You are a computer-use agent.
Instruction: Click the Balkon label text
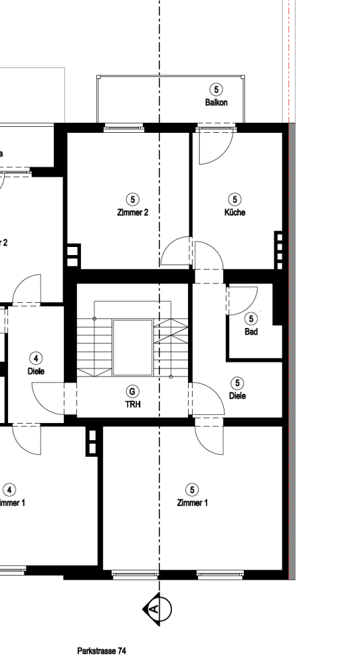tap(217, 102)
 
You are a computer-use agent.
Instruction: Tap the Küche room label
tap(234, 213)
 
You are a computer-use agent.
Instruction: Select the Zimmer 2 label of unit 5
tap(133, 213)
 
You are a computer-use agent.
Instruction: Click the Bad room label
tap(251, 332)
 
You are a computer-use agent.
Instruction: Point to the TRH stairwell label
tap(133, 404)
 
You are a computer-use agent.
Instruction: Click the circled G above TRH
tap(133, 391)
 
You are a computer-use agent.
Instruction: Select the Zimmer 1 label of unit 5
tap(192, 503)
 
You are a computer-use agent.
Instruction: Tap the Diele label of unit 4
tap(36, 371)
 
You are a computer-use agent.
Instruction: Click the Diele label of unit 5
tap(237, 396)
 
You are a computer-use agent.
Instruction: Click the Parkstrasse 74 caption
tap(101, 651)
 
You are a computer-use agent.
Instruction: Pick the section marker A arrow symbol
tap(157, 608)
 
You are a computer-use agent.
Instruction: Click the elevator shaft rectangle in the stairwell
tap(133, 347)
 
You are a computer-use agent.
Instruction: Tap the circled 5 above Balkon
tap(216, 90)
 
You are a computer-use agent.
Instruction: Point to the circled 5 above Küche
tap(234, 199)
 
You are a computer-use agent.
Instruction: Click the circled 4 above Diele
tap(36, 359)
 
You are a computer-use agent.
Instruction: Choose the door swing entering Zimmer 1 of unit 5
tap(209, 438)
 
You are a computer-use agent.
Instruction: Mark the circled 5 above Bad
tap(251, 319)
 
